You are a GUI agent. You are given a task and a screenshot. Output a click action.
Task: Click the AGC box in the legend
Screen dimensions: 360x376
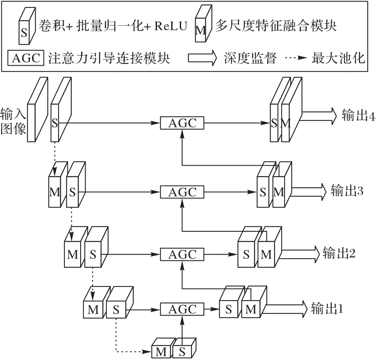pyautogui.click(x=26, y=58)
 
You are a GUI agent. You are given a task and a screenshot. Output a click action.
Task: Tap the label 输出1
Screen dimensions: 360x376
pyautogui.click(x=327, y=309)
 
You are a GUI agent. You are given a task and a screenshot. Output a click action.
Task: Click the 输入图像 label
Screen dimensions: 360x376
pyautogui.click(x=14, y=120)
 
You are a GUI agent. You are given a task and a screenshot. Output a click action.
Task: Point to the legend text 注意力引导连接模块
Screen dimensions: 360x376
pyautogui.click(x=109, y=58)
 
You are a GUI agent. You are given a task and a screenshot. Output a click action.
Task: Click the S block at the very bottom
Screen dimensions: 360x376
pyautogui.click(x=182, y=352)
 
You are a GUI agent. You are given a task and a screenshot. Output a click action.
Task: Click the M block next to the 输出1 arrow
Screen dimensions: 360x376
pyautogui.click(x=251, y=309)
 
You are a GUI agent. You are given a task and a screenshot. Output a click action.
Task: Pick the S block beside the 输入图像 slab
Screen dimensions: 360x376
pyautogui.click(x=55, y=123)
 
